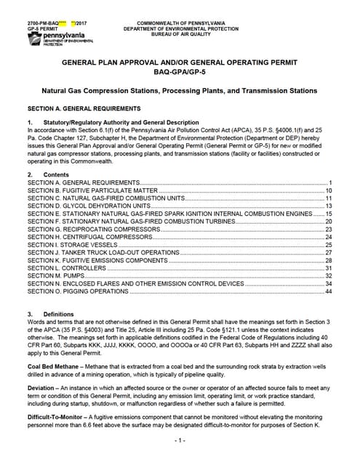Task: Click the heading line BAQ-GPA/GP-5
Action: pos(180,73)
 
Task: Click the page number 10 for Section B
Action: pos(329,190)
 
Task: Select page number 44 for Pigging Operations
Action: pos(329,291)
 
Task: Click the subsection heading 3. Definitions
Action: pos(49,315)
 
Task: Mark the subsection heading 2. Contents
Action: pos(47,174)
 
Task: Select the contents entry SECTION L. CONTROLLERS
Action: pos(70,268)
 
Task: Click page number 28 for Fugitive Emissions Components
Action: pos(329,260)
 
